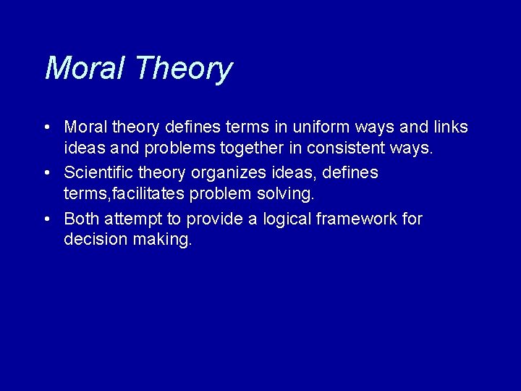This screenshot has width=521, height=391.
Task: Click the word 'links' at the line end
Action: (450, 127)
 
